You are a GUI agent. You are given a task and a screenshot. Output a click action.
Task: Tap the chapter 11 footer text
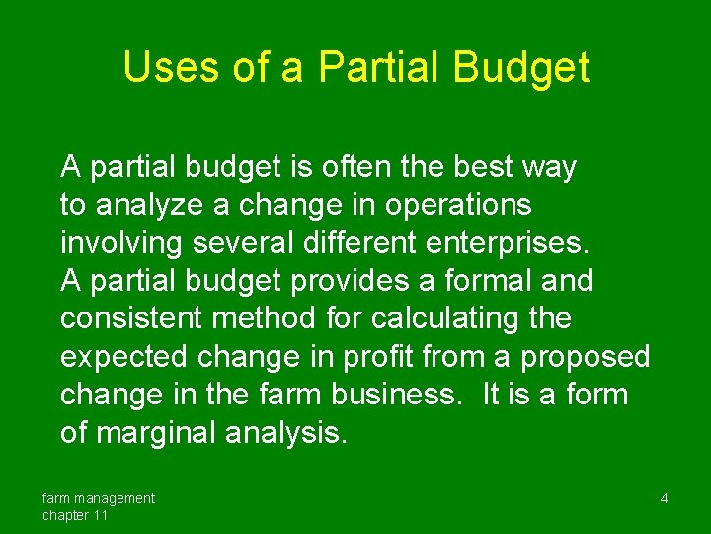75,515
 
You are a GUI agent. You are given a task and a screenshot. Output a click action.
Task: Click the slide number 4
664,499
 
